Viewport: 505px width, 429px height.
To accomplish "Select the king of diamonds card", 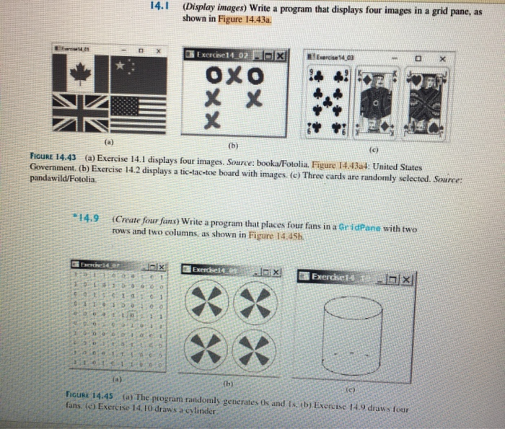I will [x=377, y=101].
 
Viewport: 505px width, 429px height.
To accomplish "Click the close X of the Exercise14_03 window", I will [x=444, y=56].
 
